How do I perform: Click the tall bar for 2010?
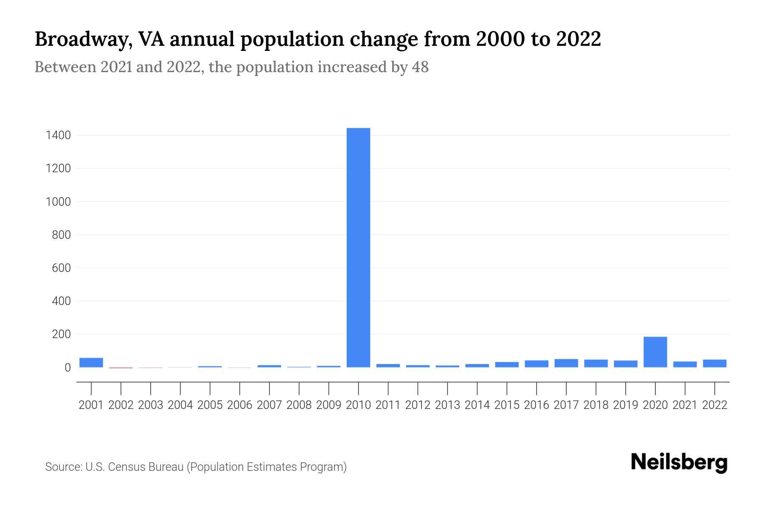(x=358, y=247)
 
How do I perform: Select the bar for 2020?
(x=655, y=352)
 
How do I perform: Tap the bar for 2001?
(x=91, y=362)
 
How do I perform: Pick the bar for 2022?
(x=714, y=363)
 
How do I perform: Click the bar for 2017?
(x=566, y=363)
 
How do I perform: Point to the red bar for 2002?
(x=121, y=368)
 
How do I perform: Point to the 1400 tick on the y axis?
(x=59, y=136)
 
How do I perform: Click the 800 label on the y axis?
(x=61, y=235)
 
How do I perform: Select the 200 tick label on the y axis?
(x=61, y=334)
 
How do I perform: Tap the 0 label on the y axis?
(x=67, y=367)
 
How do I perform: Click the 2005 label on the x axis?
(x=210, y=405)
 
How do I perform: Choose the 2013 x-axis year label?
(x=447, y=405)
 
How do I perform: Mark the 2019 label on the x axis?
(x=625, y=405)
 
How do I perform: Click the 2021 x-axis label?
(x=685, y=405)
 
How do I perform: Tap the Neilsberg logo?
(x=679, y=463)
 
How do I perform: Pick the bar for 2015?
(x=506, y=364)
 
